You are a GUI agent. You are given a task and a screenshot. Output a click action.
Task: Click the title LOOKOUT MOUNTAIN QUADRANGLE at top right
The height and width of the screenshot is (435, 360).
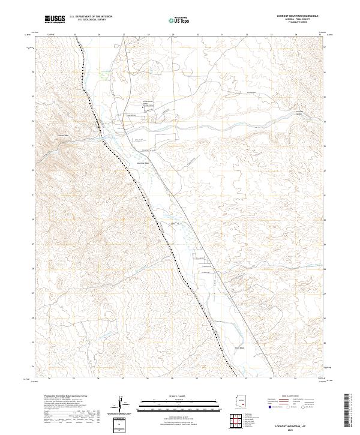point(298,16)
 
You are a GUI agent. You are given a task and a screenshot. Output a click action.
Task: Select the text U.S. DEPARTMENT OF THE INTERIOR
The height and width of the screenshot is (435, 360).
point(91,16)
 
